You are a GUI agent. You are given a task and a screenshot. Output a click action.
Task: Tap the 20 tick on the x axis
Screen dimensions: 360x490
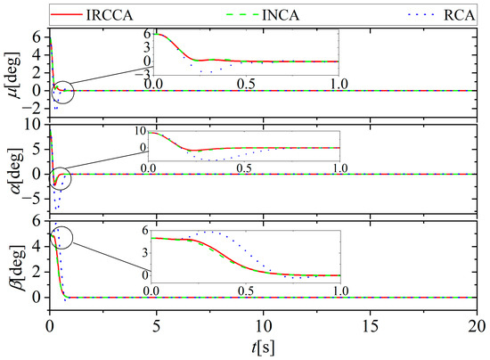pyautogui.click(x=477, y=325)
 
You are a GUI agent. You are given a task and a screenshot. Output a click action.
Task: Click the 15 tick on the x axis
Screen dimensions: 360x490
pyautogui.click(x=371, y=325)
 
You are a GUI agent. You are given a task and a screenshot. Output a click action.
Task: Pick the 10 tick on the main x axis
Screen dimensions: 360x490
pyautogui.click(x=264, y=325)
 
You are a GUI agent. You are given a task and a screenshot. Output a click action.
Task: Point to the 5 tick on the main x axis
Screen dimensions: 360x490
pyautogui.click(x=157, y=325)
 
